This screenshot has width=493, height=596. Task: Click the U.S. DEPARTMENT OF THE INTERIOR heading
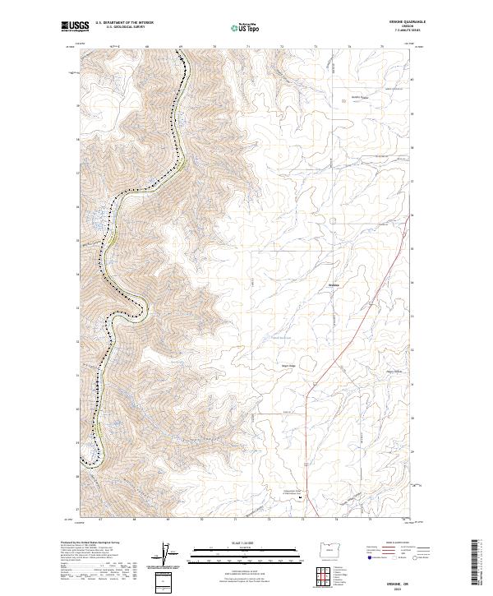124,23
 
